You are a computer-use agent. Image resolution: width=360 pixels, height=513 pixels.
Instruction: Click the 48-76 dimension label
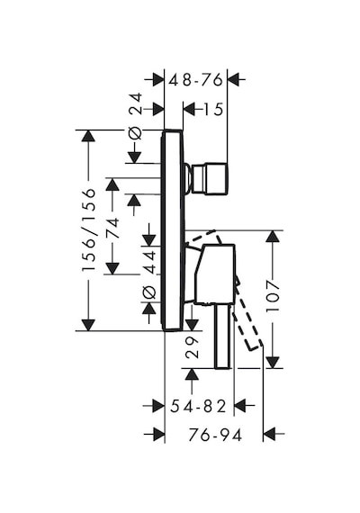(195, 80)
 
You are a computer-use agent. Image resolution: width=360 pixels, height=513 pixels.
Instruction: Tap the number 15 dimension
(213, 109)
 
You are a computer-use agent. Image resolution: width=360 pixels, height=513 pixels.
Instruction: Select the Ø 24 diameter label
(136, 116)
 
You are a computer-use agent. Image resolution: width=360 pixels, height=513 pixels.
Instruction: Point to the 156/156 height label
(89, 229)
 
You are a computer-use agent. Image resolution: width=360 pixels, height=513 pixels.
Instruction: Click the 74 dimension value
(112, 228)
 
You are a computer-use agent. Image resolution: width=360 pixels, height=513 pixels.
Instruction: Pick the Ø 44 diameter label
(149, 274)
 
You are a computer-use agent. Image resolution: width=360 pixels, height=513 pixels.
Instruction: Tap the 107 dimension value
(273, 295)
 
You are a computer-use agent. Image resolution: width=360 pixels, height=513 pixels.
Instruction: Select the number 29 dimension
(192, 347)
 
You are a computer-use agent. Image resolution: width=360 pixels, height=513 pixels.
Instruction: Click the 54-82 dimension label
(198, 406)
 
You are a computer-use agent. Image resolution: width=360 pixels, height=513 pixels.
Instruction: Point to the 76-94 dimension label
(215, 435)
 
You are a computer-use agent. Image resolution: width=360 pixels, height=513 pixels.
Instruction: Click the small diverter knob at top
(206, 178)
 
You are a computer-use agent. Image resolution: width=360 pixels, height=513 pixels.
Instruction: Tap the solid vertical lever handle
(223, 337)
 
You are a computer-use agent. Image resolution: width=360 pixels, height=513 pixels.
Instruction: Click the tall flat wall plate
(172, 230)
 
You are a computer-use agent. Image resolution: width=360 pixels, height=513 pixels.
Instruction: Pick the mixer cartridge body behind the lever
(214, 274)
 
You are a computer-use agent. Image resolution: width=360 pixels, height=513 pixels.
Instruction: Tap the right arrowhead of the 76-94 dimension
(269, 435)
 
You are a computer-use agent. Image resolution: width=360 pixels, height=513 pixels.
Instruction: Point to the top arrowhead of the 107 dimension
(273, 236)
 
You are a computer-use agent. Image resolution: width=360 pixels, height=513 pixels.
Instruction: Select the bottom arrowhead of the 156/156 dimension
(88, 325)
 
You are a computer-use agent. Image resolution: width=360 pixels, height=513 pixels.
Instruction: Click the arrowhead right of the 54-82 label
(240, 406)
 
